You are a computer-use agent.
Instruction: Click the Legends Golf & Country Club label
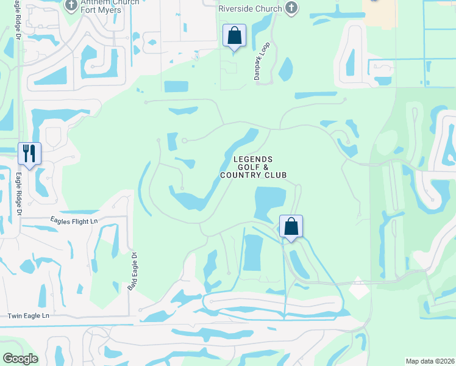(x=253, y=167)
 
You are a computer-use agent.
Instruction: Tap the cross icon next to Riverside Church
(x=292, y=7)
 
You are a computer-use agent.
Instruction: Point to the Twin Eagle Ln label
(x=27, y=316)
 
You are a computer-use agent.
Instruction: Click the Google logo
(x=20, y=359)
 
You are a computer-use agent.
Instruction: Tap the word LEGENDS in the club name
(x=253, y=159)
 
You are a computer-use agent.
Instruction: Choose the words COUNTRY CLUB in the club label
(x=253, y=175)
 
